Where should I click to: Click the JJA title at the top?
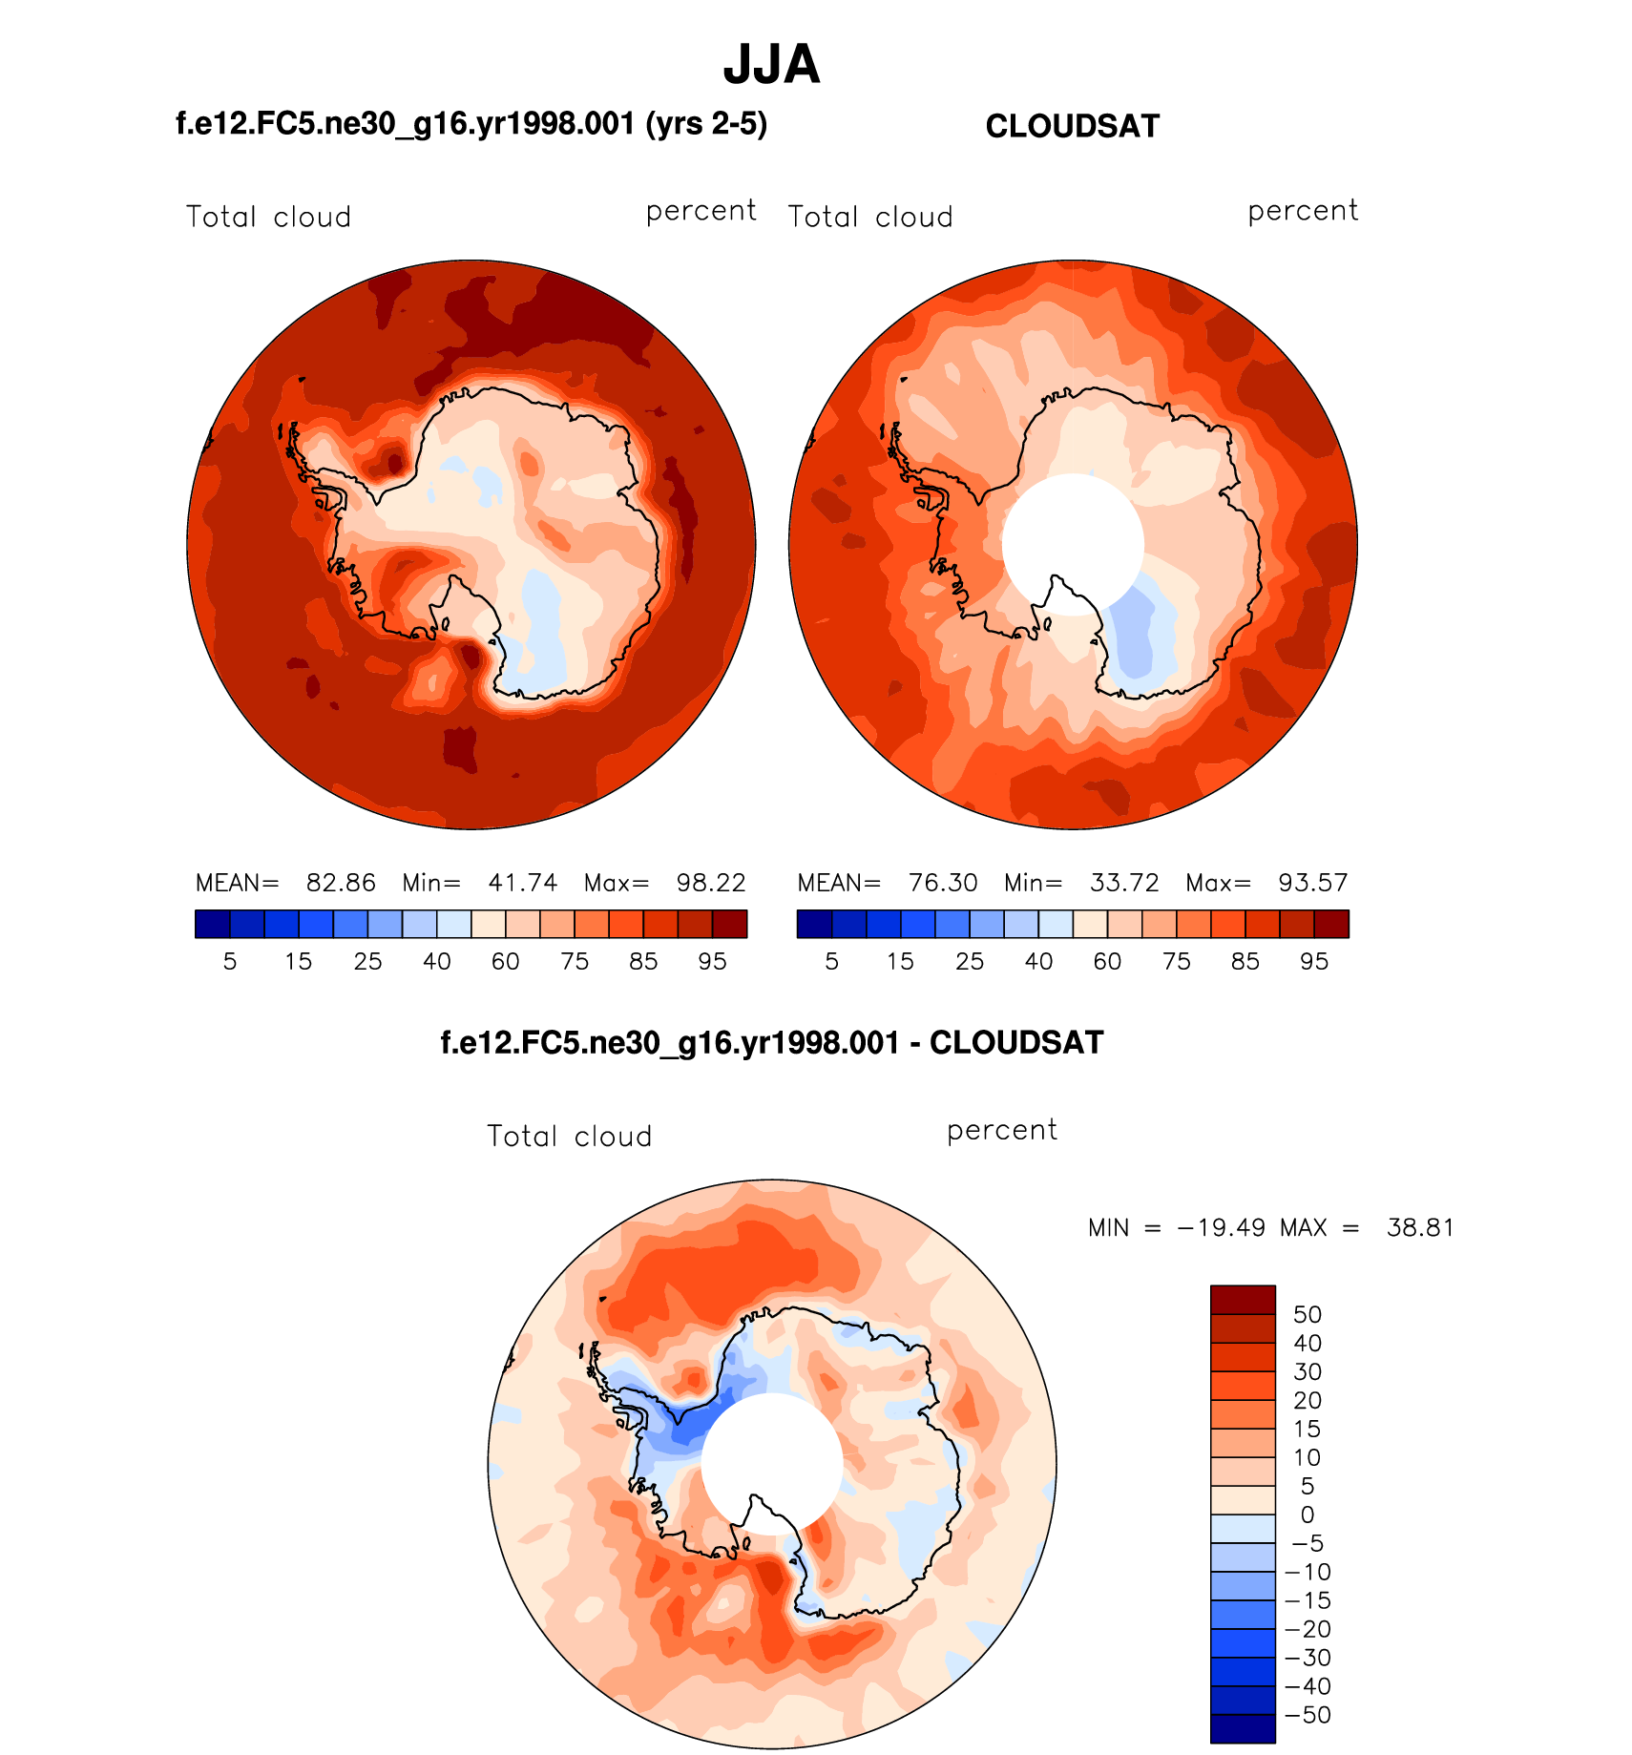771,65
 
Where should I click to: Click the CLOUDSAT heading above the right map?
1072,127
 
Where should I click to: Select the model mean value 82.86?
341,883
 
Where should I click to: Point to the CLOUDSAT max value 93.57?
1313,883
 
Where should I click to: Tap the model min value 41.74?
522,883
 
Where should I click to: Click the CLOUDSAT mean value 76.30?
943,883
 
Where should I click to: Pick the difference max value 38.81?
1420,1227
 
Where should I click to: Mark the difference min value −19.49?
1222,1227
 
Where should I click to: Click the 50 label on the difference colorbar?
1308,1314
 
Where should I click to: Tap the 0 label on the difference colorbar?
1308,1515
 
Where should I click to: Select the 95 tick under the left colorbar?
712,962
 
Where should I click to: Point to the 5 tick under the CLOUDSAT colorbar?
831,962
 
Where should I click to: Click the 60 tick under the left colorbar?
505,962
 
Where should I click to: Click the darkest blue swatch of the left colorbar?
213,924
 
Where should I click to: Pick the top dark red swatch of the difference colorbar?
1243,1300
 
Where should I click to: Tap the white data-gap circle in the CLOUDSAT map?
1073,544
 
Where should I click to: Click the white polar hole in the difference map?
772,1463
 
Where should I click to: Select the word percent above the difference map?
1002,1131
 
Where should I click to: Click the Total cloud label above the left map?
268,218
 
